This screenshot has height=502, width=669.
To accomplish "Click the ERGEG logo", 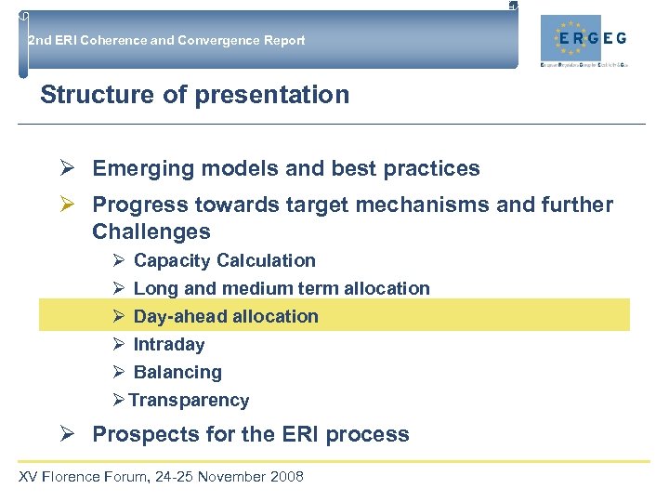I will tap(590, 40).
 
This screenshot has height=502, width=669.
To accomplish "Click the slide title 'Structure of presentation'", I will tap(195, 95).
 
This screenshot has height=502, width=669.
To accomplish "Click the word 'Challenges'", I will tap(151, 231).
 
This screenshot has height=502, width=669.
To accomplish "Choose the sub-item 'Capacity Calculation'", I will tap(224, 260).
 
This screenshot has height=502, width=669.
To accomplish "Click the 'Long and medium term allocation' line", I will tap(282, 288).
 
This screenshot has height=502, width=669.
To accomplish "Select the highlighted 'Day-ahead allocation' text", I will tap(226, 316).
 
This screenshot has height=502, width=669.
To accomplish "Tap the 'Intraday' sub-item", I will tap(169, 344).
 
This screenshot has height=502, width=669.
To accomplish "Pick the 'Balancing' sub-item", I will tap(177, 372).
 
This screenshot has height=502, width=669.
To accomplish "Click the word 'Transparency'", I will tap(189, 400).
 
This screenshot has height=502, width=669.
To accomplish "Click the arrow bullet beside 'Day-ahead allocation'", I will tap(118, 316).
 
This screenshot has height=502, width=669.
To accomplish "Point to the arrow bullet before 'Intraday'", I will tap(118, 344).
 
